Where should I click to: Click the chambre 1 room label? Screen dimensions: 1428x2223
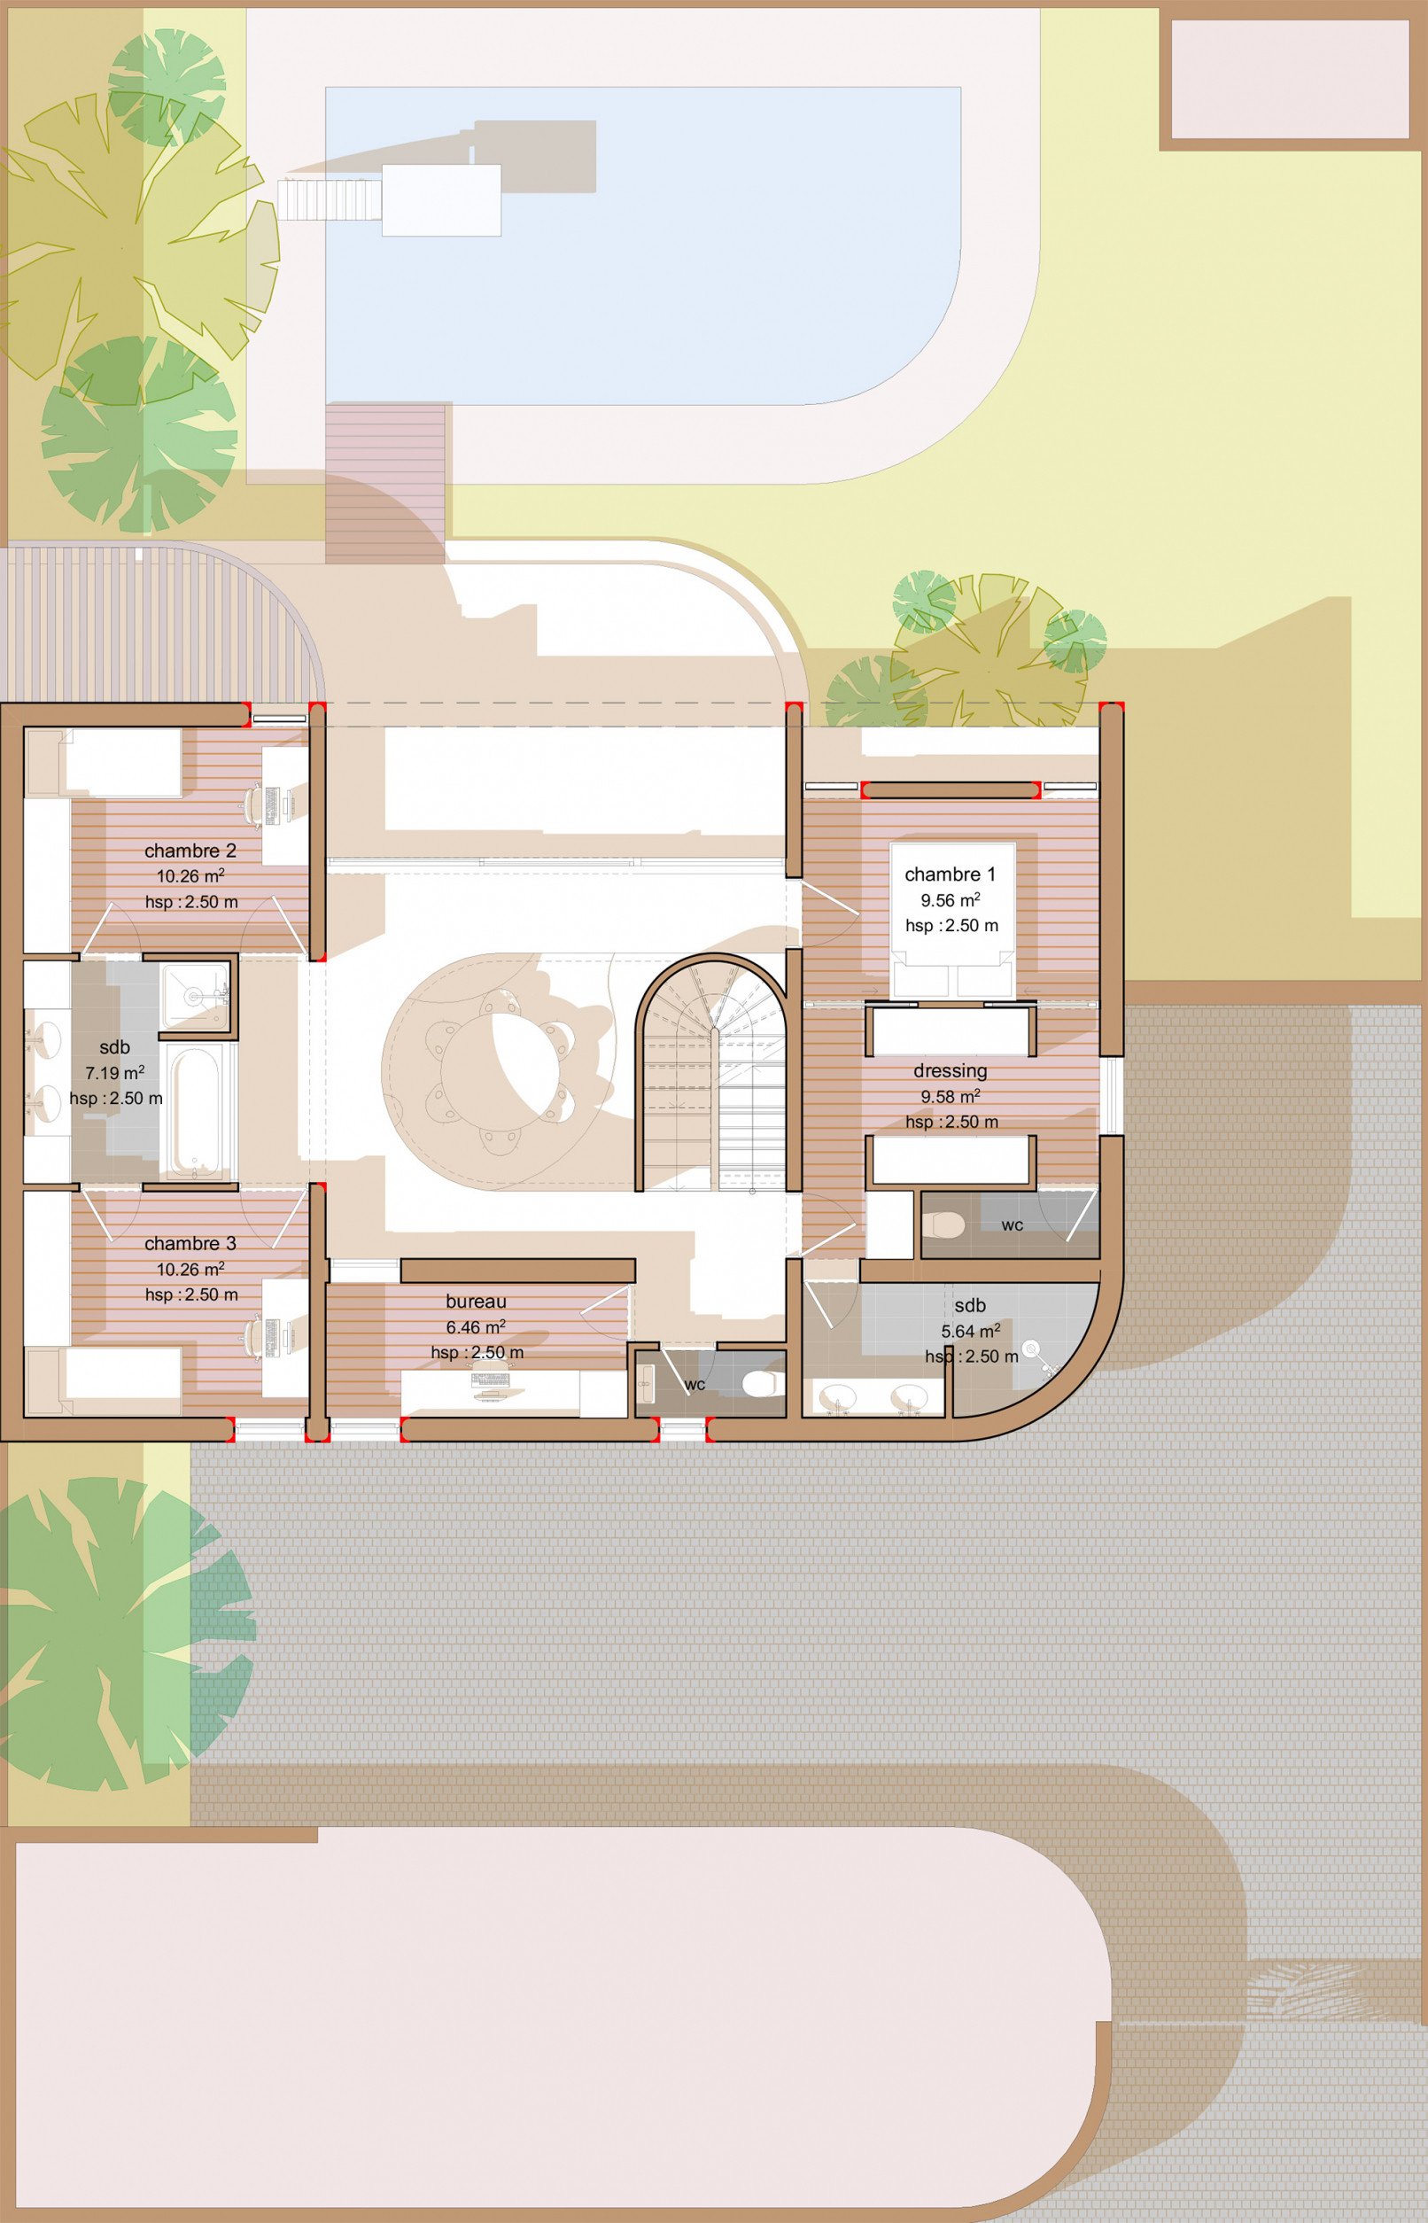pyautogui.click(x=950, y=874)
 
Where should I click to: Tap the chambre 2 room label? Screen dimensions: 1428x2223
pyautogui.click(x=190, y=851)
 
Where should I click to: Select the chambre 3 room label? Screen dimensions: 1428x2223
pyautogui.click(x=190, y=1244)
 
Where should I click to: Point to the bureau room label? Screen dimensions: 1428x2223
pyautogui.click(x=476, y=1302)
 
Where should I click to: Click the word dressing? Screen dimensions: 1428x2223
pyautogui.click(x=950, y=1071)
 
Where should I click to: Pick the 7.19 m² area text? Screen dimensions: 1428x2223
pyautogui.click(x=115, y=1073)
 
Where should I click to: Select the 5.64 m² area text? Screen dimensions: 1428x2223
pyautogui.click(x=970, y=1331)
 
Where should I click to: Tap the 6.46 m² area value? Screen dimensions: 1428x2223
pyautogui.click(x=476, y=1327)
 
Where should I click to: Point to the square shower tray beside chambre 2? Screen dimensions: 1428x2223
pyautogui.click(x=196, y=996)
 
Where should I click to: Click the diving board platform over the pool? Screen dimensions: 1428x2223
pyautogui.click(x=441, y=200)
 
